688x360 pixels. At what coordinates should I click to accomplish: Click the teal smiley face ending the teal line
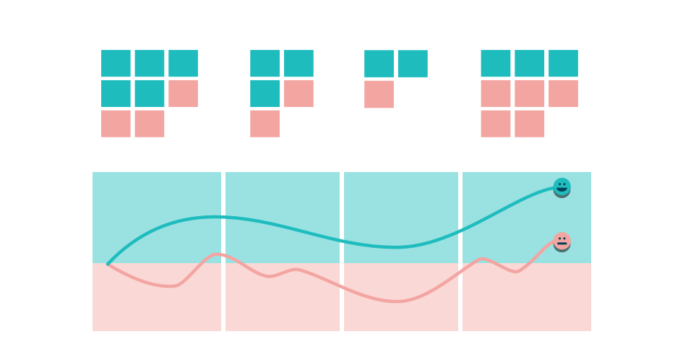coord(562,187)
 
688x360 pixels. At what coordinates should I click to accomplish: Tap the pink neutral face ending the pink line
coord(562,241)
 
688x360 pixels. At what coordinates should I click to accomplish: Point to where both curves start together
coord(108,264)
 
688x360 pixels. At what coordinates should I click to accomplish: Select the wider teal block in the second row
coord(134,93)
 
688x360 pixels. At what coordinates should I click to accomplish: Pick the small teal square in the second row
coord(265,93)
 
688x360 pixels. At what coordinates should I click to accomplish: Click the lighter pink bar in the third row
coord(380,124)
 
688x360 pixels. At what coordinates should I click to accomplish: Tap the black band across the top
coord(344,18)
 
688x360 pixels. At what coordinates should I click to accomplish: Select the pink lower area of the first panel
coord(157,307)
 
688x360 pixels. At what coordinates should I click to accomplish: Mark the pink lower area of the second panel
coord(283,307)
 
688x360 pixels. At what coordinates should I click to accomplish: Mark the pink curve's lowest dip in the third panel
coord(396,301)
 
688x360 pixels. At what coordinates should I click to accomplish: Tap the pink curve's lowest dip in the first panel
coord(171,286)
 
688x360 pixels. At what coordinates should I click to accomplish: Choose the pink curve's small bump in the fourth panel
coord(483,258)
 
